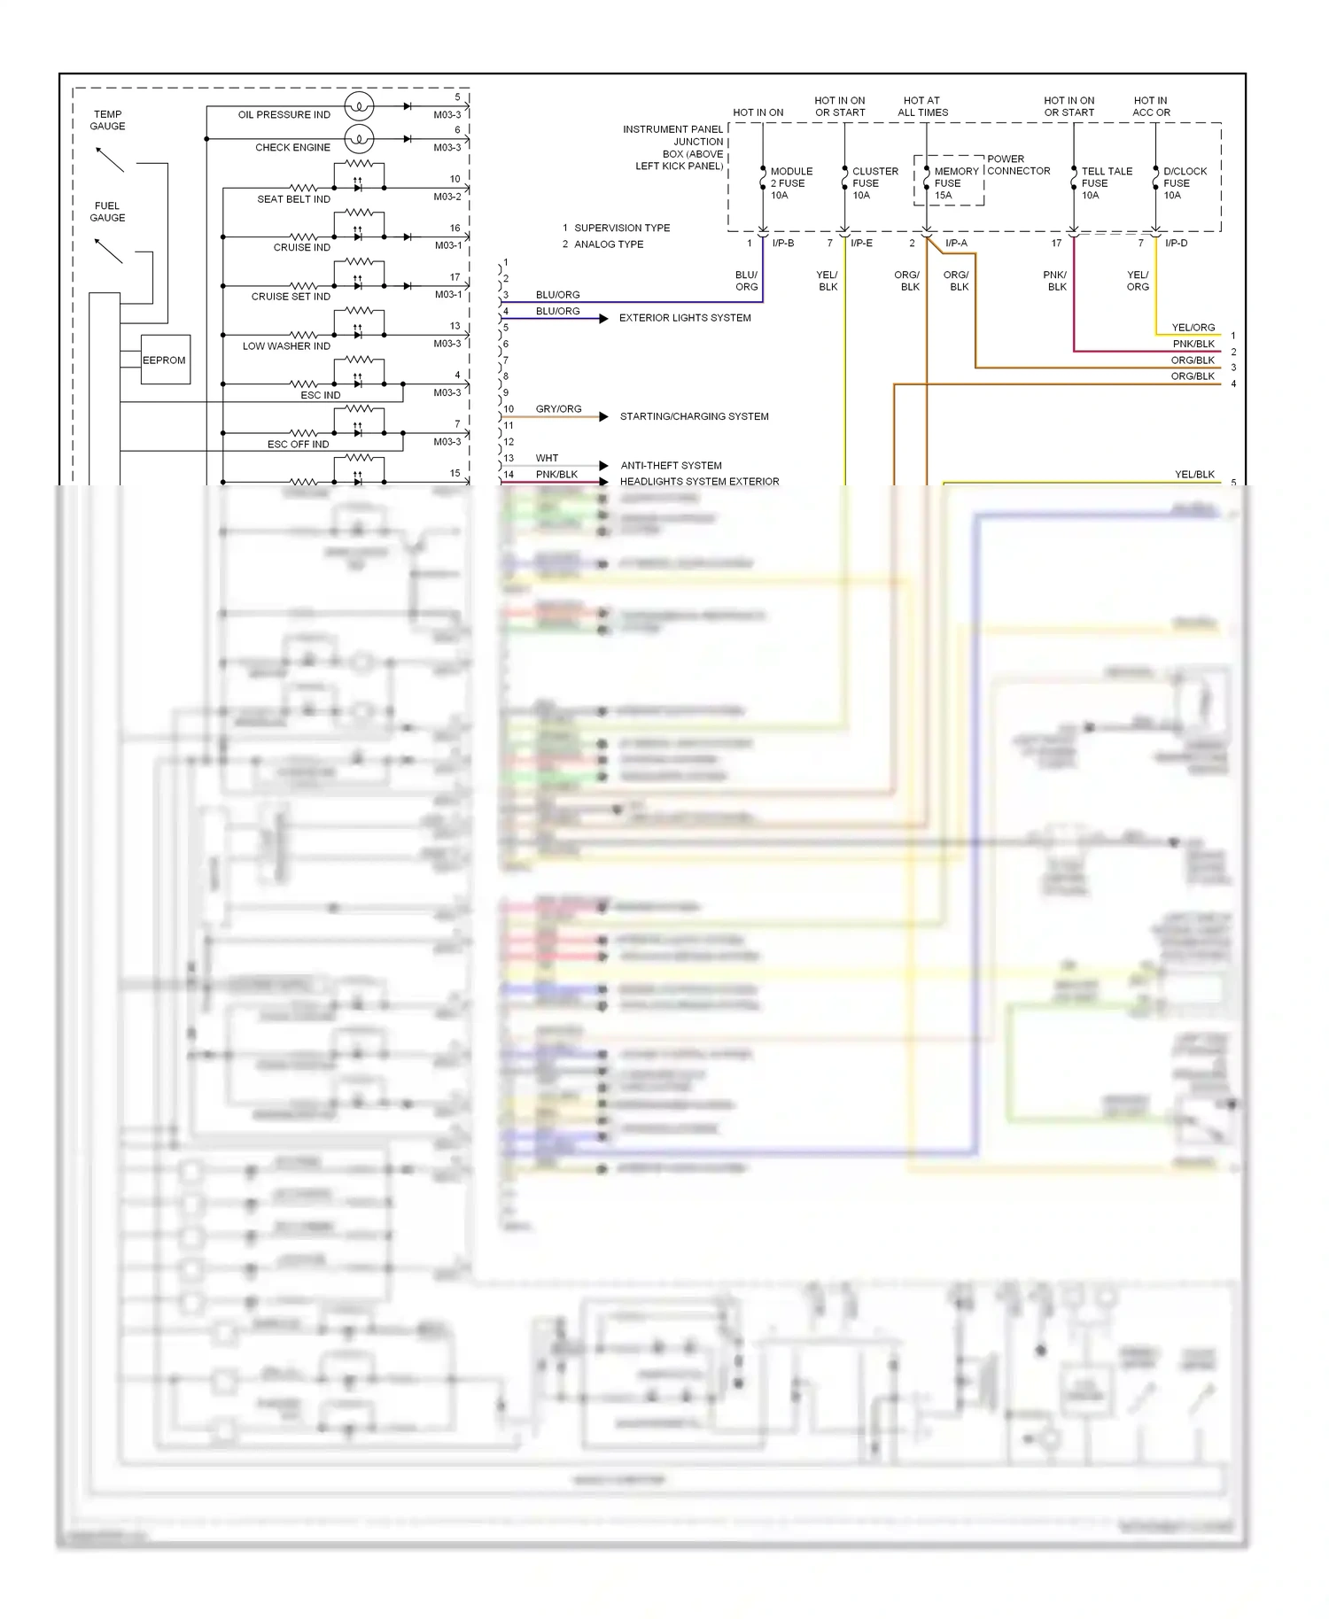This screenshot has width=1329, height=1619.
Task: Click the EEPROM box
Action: [x=166, y=360]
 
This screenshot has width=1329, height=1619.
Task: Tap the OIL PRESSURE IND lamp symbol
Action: [x=359, y=106]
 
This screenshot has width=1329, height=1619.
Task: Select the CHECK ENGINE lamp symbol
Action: [x=359, y=139]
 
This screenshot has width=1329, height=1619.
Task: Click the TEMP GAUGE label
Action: [x=107, y=120]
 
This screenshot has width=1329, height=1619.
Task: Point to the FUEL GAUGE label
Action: [x=107, y=212]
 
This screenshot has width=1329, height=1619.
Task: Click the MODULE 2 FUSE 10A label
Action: [x=790, y=183]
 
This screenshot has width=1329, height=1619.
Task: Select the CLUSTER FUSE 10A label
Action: [x=874, y=183]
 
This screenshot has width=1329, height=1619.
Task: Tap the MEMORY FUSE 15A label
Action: [x=955, y=183]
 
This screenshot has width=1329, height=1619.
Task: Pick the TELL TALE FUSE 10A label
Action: [x=1106, y=183]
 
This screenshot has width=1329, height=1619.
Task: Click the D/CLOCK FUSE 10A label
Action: [x=1185, y=183]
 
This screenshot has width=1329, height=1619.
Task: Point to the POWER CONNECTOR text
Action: [x=1018, y=165]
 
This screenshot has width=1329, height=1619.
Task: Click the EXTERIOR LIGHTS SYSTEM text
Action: [x=685, y=318]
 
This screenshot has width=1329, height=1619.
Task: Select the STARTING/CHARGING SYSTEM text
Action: [x=694, y=416]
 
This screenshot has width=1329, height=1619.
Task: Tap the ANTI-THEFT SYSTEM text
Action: [x=671, y=466]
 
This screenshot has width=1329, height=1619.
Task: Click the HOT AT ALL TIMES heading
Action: [x=922, y=106]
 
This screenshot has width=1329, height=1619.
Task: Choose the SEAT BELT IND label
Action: [x=293, y=199]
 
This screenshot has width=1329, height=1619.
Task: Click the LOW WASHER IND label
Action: [x=286, y=346]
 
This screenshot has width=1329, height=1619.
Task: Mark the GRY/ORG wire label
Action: [x=558, y=409]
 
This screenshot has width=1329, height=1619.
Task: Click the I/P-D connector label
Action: [x=1176, y=244]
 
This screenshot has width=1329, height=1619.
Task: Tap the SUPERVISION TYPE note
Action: [x=621, y=229]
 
